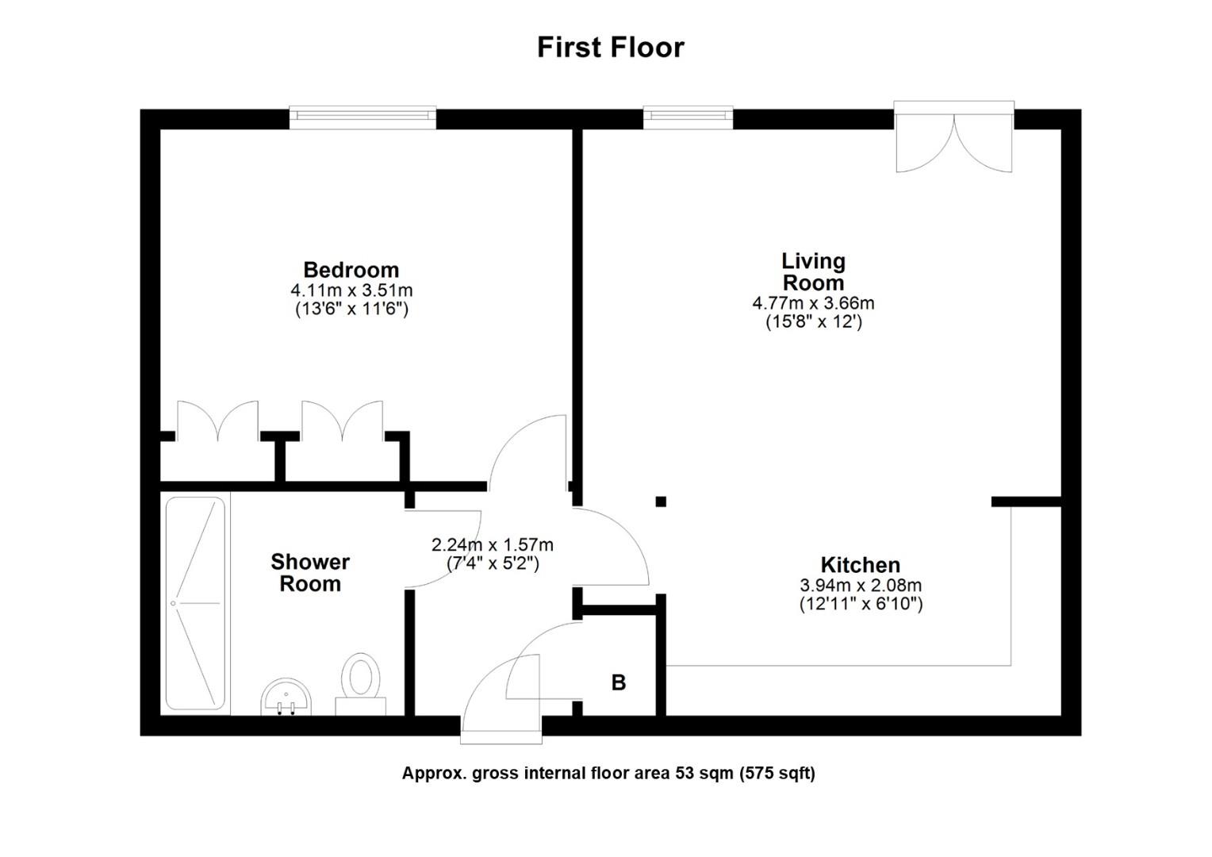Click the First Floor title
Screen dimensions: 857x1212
(610, 47)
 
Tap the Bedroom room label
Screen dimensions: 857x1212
(351, 270)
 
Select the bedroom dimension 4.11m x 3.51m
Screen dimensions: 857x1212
(351, 290)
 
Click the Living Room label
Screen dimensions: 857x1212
(813, 271)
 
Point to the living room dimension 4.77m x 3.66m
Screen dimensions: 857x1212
(813, 303)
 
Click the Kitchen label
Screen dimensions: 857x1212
(860, 565)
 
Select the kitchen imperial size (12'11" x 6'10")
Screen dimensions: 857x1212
(861, 604)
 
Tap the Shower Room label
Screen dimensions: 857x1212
(310, 573)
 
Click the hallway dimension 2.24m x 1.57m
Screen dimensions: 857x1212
(492, 545)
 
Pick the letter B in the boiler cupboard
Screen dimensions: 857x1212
(618, 682)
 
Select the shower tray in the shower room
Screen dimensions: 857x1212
(195, 603)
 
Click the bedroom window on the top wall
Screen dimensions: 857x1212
(362, 117)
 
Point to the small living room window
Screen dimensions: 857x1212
(688, 117)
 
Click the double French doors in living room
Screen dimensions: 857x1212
(953, 139)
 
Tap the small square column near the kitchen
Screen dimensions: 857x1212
(661, 501)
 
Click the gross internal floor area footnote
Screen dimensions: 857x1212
(608, 773)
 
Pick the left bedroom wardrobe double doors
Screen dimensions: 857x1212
(217, 422)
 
